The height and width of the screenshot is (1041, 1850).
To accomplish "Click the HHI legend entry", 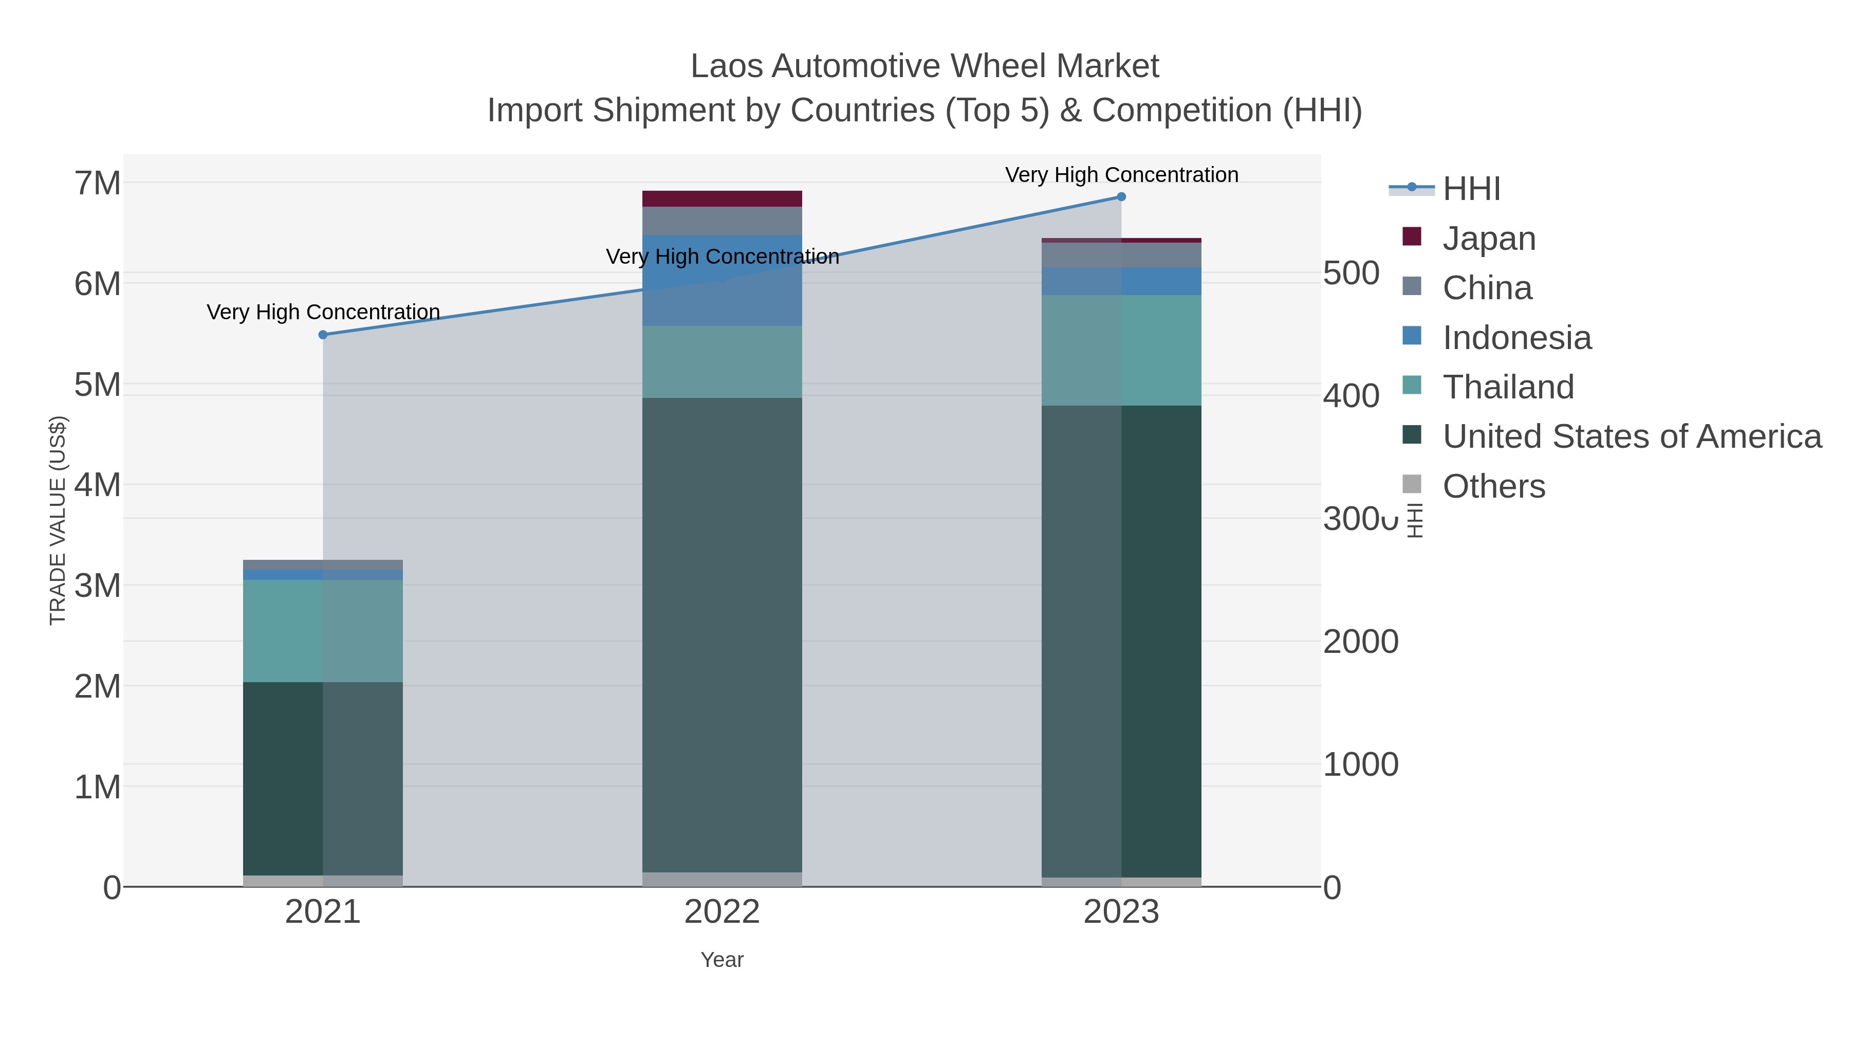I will tap(1471, 189).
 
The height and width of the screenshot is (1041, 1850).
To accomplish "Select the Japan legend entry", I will tap(1489, 239).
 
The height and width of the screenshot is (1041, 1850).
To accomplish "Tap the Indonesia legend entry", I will tap(1516, 338).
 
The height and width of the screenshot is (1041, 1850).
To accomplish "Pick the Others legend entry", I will tap(1493, 486).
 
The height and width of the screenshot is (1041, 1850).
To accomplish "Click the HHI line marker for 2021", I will tap(323, 335).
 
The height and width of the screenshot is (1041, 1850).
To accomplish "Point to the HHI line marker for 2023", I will tap(1121, 197).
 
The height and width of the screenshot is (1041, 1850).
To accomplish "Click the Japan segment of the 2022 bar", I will tap(722, 199).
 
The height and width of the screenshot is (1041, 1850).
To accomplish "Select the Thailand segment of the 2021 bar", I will tap(323, 631).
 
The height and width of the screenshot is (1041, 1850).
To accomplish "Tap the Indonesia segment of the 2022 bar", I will tap(722, 280).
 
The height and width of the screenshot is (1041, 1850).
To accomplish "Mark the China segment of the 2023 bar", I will tap(1121, 255).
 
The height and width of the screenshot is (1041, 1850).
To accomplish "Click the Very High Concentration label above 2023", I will tap(1121, 175).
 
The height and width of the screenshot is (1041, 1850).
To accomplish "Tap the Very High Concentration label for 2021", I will tap(323, 312).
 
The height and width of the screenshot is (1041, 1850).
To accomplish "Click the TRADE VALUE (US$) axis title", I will tap(58, 520).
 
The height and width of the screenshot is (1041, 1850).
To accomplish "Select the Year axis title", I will tap(722, 960).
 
